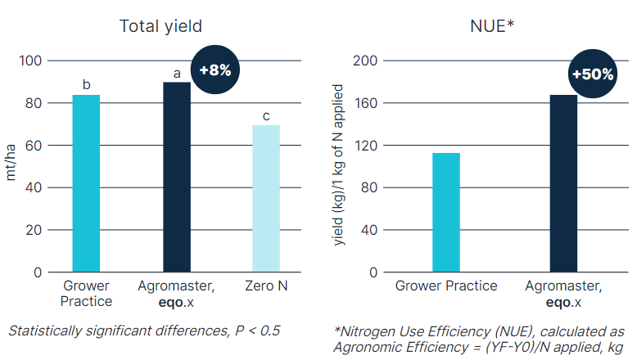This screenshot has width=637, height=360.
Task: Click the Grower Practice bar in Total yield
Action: click(x=86, y=183)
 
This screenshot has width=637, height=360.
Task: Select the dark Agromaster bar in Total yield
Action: click(x=176, y=177)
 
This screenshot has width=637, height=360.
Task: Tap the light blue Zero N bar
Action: click(x=266, y=199)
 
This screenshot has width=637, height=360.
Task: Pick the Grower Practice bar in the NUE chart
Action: click(x=446, y=212)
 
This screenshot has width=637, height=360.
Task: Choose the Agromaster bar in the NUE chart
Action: click(x=563, y=183)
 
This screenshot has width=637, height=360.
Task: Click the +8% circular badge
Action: click(x=215, y=70)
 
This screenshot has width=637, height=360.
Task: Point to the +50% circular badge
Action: click(x=592, y=74)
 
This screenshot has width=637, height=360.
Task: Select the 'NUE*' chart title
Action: click(x=492, y=25)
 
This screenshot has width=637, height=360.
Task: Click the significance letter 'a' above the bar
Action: click(x=176, y=73)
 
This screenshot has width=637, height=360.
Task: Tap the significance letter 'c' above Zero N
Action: click(x=266, y=116)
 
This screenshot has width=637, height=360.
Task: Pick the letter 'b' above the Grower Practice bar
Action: click(x=86, y=84)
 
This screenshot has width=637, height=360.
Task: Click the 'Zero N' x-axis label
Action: click(x=266, y=286)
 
